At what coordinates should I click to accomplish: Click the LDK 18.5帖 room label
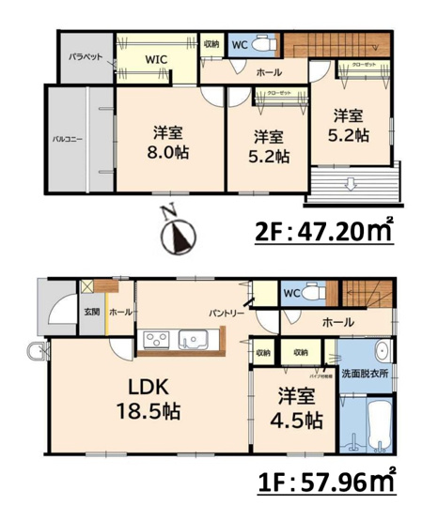(x=148, y=398)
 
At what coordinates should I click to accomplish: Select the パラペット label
(x=85, y=56)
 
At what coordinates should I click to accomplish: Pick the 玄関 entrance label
(x=91, y=312)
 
